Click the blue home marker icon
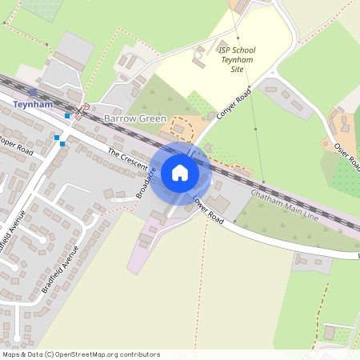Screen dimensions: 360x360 (180, 173)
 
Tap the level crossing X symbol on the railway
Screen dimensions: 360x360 (79, 109)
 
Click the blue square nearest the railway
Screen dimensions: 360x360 (67, 116)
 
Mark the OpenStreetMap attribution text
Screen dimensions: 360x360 (81, 354)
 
